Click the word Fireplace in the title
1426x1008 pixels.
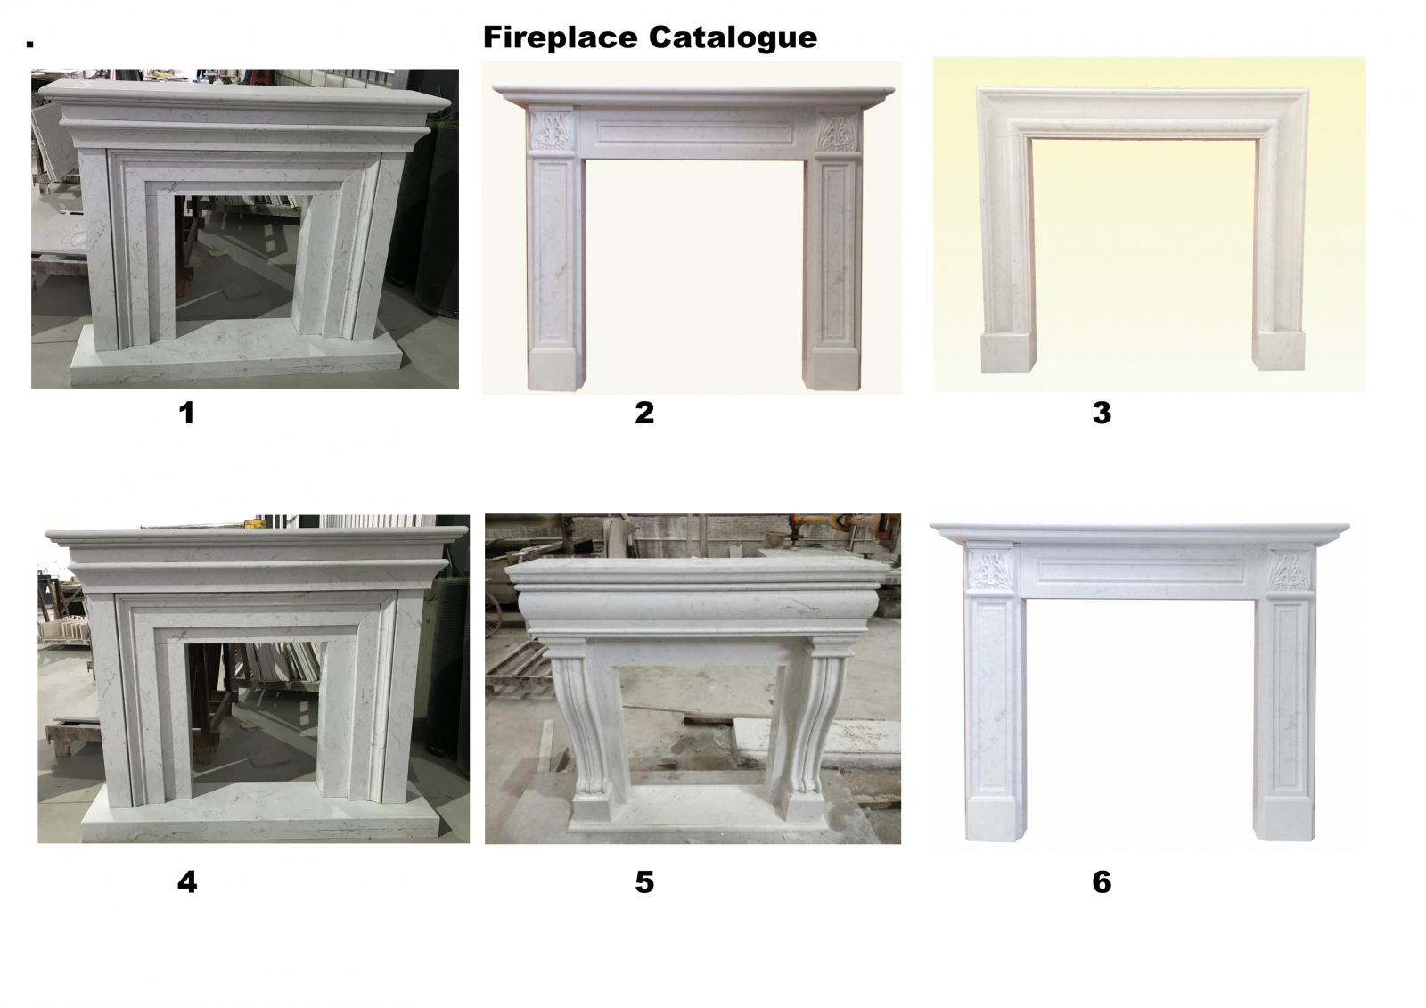(x=561, y=37)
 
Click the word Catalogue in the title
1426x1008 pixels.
(x=733, y=38)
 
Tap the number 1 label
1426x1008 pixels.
(x=186, y=413)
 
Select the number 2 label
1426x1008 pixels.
(x=644, y=413)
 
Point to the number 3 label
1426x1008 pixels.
(x=1102, y=413)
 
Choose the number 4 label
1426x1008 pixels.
(x=187, y=882)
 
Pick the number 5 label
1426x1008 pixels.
(x=644, y=882)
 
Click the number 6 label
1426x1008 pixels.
(x=1102, y=882)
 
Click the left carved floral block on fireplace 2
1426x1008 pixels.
(x=552, y=132)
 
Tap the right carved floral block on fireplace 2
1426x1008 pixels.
(x=838, y=133)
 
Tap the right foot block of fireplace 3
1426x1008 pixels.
(x=1278, y=349)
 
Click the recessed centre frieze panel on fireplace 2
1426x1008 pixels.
(x=694, y=133)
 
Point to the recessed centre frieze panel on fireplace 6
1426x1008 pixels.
(x=1140, y=570)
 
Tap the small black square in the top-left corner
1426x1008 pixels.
(x=30, y=44)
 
